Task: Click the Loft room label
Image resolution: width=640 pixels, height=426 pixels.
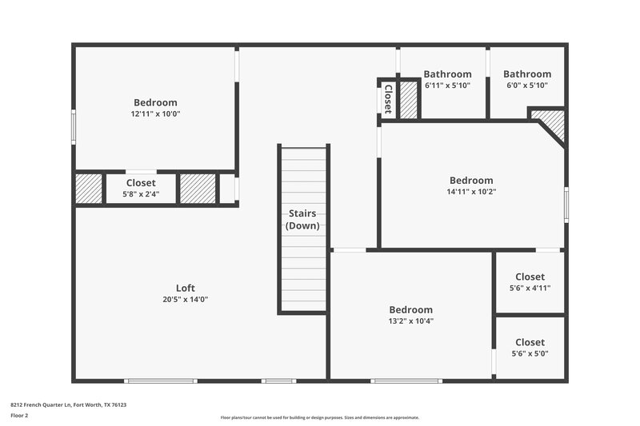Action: click(x=185, y=288)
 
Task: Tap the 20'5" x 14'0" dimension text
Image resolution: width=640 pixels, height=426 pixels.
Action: click(x=185, y=300)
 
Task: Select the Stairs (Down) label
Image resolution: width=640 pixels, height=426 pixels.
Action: click(x=302, y=220)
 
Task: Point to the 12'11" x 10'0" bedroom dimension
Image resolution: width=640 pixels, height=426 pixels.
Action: click(x=155, y=114)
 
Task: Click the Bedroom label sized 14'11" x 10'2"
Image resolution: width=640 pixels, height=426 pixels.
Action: click(x=471, y=180)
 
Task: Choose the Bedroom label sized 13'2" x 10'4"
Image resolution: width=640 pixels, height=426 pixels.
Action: click(x=410, y=309)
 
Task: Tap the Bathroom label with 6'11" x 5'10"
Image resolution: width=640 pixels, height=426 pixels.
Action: click(x=447, y=74)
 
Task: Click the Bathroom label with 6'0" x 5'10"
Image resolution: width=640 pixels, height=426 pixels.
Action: click(x=527, y=74)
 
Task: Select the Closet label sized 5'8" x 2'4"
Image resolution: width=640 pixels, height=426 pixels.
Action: click(x=141, y=182)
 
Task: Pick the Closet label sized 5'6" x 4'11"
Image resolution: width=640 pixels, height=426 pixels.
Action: click(x=530, y=277)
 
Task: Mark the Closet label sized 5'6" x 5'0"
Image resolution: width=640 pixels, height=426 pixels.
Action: click(x=530, y=342)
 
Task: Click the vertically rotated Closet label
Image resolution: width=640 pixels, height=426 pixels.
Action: click(x=388, y=99)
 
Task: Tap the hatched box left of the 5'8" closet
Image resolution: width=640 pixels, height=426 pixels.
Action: click(x=88, y=189)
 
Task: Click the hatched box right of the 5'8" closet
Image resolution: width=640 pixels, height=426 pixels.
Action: click(x=198, y=189)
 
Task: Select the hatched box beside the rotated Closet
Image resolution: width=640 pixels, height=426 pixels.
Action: click(x=408, y=100)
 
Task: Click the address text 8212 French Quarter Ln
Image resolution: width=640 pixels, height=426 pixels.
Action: click(x=68, y=404)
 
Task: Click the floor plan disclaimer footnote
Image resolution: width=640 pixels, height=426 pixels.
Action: click(x=319, y=417)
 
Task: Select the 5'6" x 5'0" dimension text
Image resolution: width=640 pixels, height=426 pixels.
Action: click(x=530, y=353)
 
